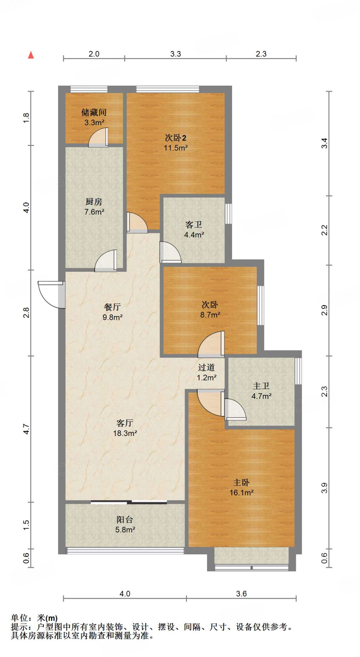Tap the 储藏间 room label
94,112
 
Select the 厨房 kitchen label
94,201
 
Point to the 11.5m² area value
176,148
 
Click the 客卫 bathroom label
194,224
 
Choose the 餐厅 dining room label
112,307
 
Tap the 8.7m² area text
210,315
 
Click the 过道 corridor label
206,367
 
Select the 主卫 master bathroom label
261,386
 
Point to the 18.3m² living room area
125,433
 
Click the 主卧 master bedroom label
241,482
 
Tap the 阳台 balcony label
125,519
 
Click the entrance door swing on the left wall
51,294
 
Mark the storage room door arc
98,137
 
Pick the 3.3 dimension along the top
175,54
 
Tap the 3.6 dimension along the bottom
241,594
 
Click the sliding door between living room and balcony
129,502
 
